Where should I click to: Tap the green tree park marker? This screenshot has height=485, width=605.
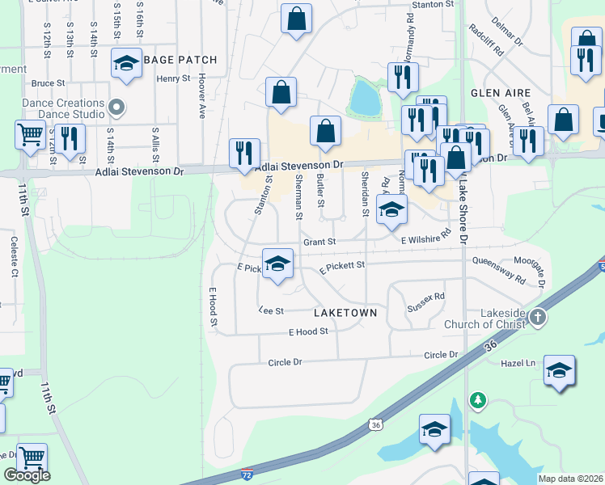[x=478, y=399]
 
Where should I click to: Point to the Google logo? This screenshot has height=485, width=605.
[x=27, y=475]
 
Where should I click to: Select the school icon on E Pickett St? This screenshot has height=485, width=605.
[x=277, y=264]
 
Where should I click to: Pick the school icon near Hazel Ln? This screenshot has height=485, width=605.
[x=560, y=370]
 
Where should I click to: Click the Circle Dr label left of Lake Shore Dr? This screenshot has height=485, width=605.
[x=441, y=355]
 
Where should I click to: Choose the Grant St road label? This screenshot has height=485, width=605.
[x=319, y=242]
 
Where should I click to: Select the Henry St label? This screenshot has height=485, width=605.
[x=173, y=78]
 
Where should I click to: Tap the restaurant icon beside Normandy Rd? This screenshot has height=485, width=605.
[x=401, y=77]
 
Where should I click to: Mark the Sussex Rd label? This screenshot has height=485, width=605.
[x=426, y=302]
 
